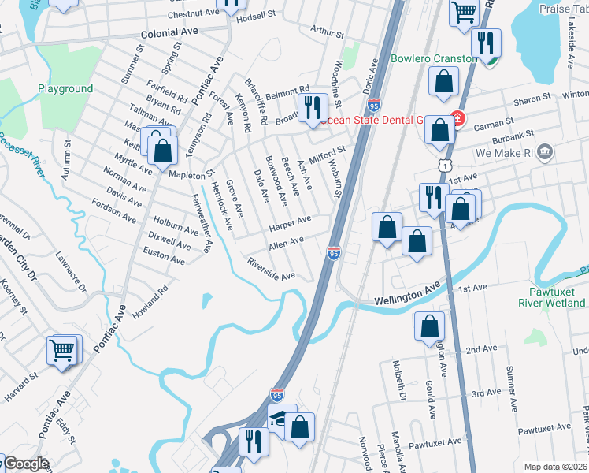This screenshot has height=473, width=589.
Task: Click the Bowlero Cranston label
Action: tap(433, 59)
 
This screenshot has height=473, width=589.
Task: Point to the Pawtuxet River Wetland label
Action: tap(553, 296)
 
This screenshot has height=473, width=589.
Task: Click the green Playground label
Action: tap(65, 89)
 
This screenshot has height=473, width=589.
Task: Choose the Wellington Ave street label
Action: tap(406, 295)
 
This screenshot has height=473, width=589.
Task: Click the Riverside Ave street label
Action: tap(270, 270)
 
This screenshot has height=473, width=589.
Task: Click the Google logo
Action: tap(25, 464)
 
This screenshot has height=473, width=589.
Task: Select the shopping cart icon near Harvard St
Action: tap(62, 348)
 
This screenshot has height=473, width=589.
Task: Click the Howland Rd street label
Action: tap(150, 302)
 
